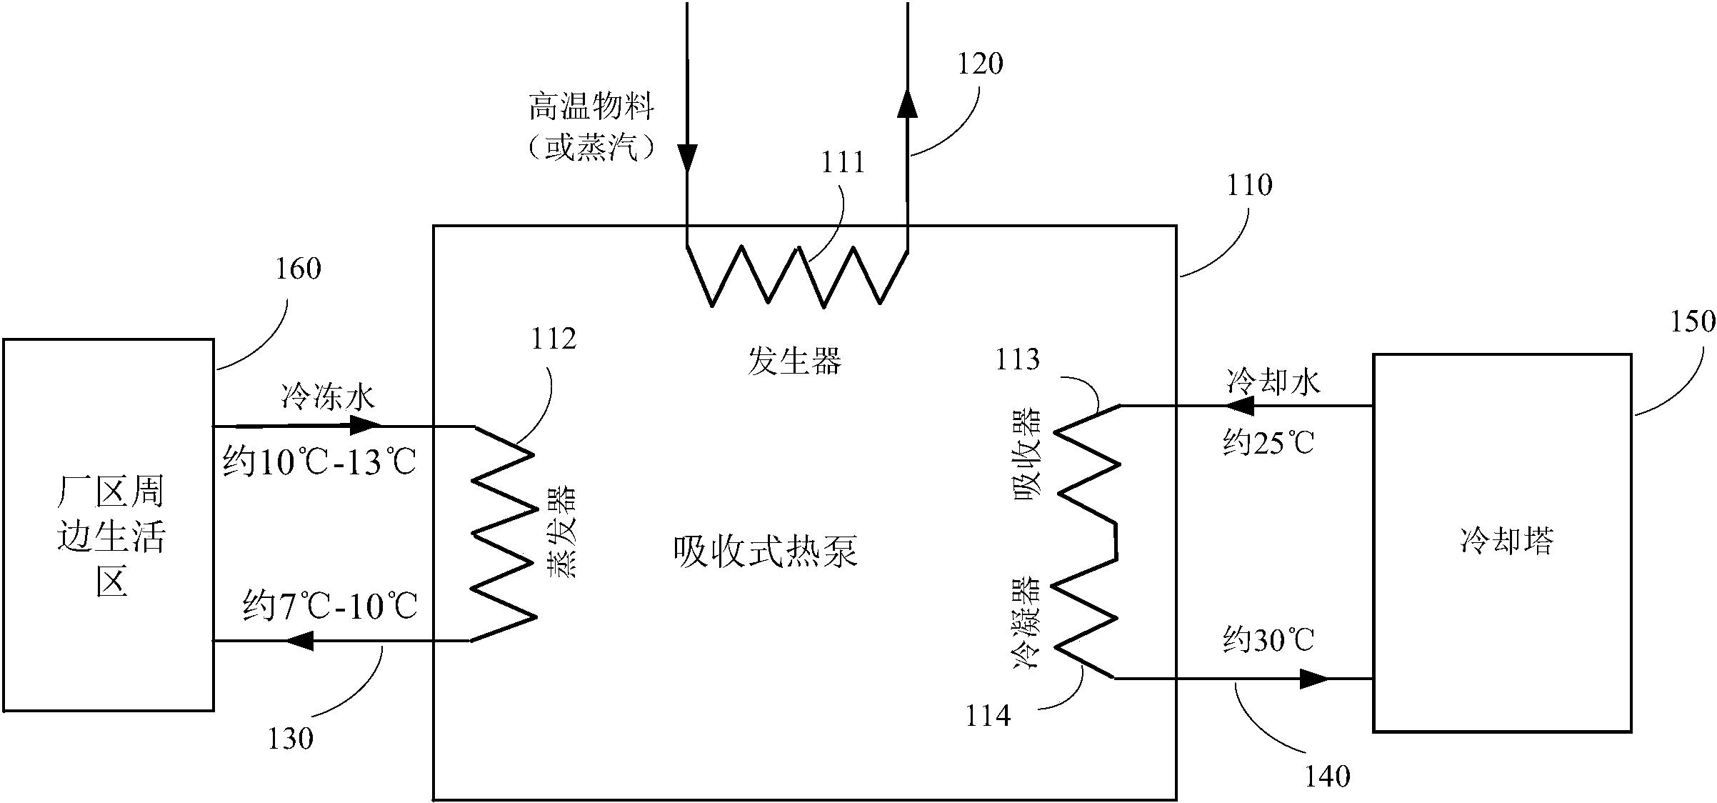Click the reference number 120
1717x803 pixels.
click(980, 64)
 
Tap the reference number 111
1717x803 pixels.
click(843, 163)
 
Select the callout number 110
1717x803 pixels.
click(1249, 186)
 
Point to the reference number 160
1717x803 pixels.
click(299, 269)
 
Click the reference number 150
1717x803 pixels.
click(1692, 321)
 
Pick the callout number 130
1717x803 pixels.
click(291, 739)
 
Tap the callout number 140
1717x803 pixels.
click(1328, 777)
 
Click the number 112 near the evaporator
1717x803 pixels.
click(554, 339)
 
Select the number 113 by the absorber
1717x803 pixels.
click(1017, 360)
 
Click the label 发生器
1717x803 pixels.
click(794, 361)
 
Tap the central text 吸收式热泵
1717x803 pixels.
click(766, 552)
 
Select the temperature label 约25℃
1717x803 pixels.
click(1268, 444)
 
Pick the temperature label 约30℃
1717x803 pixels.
click(1268, 640)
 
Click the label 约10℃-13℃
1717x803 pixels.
click(319, 462)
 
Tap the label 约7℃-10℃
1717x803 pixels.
click(330, 607)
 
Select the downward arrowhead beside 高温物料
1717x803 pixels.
click(687, 156)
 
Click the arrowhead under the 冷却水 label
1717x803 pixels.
click(1240, 407)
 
